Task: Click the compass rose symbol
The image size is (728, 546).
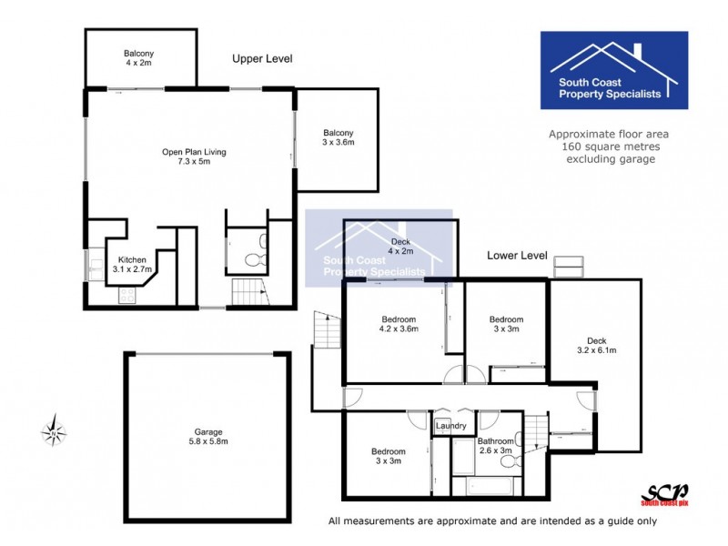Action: coord(56,430)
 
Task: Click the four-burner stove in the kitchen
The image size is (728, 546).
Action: coord(126,295)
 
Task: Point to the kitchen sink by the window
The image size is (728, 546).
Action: coord(96,265)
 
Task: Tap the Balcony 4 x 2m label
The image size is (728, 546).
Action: coord(141,58)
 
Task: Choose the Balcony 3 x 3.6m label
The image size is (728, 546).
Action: coord(338,137)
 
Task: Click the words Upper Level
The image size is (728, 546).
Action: coord(262,58)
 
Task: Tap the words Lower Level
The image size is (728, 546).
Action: coord(516,256)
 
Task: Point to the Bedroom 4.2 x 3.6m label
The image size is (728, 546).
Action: coord(399,324)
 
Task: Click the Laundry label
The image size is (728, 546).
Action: coord(451,426)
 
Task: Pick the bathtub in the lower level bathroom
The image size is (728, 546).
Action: coord(486,484)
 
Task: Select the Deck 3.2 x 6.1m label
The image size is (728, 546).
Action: coord(596,344)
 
